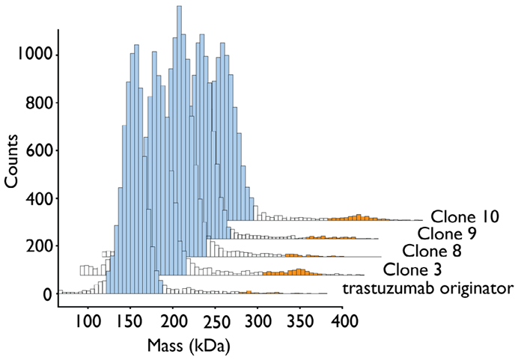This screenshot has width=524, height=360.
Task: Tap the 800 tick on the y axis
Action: click(37, 103)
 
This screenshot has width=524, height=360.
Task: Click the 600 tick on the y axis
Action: click(37, 150)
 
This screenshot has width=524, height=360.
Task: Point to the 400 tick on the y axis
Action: click(37, 199)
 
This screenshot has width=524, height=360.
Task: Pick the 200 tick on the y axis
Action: click(37, 246)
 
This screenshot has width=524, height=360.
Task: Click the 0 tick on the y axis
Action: click(46, 295)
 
